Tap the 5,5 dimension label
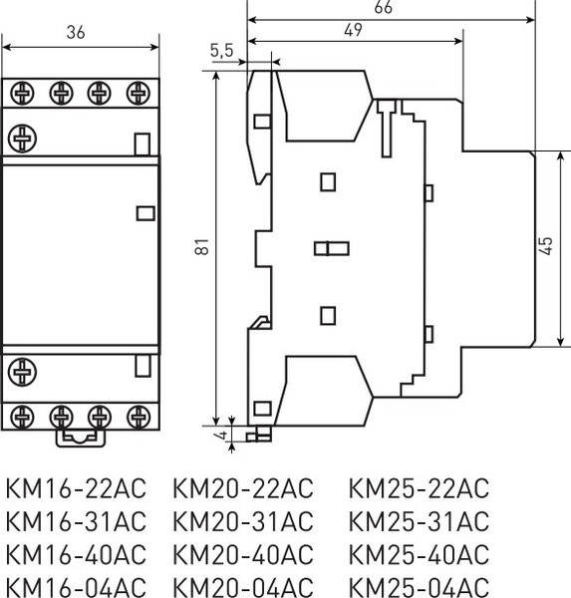tap(221, 49)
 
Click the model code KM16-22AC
tap(76, 489)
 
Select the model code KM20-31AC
tap(243, 521)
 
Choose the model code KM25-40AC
tap(420, 553)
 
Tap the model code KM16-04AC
tap(76, 585)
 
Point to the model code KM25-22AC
tap(420, 489)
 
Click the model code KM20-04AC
tap(243, 585)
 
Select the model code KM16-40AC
tap(76, 553)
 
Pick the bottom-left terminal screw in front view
tap(21, 413)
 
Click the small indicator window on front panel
tap(143, 211)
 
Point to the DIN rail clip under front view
tap(80, 436)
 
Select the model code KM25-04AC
tap(420, 585)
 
